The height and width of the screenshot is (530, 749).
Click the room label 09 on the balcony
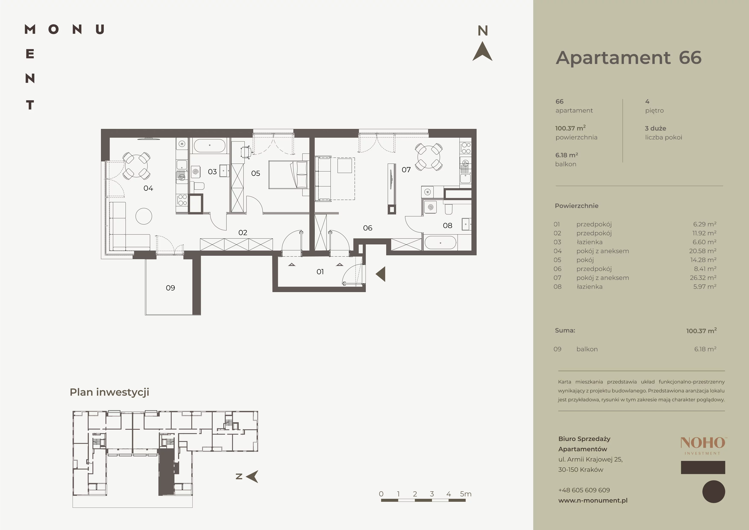point(170,288)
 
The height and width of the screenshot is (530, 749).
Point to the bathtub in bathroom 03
point(209,146)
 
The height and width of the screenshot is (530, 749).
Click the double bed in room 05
point(288,175)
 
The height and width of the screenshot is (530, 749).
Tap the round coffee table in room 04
point(143,216)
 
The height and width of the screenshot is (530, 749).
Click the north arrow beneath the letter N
point(483,52)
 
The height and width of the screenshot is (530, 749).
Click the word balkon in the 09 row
point(587,349)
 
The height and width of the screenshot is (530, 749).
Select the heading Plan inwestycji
point(109,392)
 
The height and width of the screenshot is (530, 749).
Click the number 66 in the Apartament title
point(690,58)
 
